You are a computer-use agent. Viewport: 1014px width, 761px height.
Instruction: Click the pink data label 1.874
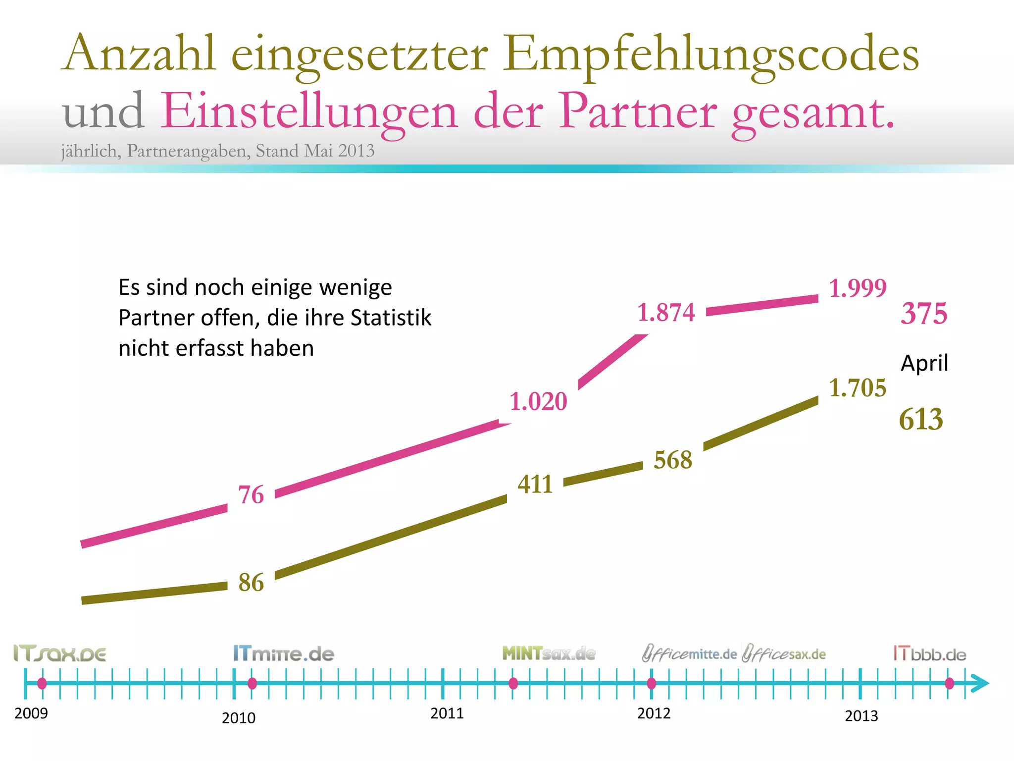click(x=666, y=313)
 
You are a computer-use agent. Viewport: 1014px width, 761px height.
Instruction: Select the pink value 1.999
click(x=858, y=288)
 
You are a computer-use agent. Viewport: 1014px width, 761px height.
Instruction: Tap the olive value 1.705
click(x=858, y=388)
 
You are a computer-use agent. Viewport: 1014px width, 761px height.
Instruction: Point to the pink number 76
click(x=251, y=495)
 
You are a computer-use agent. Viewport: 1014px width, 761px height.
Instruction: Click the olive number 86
click(x=251, y=583)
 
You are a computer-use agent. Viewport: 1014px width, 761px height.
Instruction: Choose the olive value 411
click(x=535, y=484)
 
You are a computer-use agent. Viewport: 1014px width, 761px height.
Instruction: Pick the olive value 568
click(x=673, y=460)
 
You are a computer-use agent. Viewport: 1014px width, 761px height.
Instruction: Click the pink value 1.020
click(x=538, y=401)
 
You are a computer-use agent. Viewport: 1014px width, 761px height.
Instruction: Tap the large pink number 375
click(x=924, y=314)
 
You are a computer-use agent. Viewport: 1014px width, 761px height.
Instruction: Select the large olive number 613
click(x=921, y=419)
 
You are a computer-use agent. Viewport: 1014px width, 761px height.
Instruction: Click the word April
click(x=924, y=363)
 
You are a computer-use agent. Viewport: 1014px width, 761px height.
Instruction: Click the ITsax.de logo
click(x=59, y=654)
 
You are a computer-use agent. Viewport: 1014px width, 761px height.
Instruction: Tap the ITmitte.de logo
click(x=284, y=654)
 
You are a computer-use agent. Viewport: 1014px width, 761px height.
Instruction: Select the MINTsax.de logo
click(x=549, y=654)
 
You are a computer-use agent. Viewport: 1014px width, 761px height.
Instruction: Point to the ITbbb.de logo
click(x=930, y=654)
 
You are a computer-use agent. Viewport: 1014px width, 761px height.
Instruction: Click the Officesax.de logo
click(x=784, y=654)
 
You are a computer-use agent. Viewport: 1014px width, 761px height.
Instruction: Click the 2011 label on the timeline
click(x=447, y=713)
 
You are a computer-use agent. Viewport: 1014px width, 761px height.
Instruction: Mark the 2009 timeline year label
click(x=31, y=713)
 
